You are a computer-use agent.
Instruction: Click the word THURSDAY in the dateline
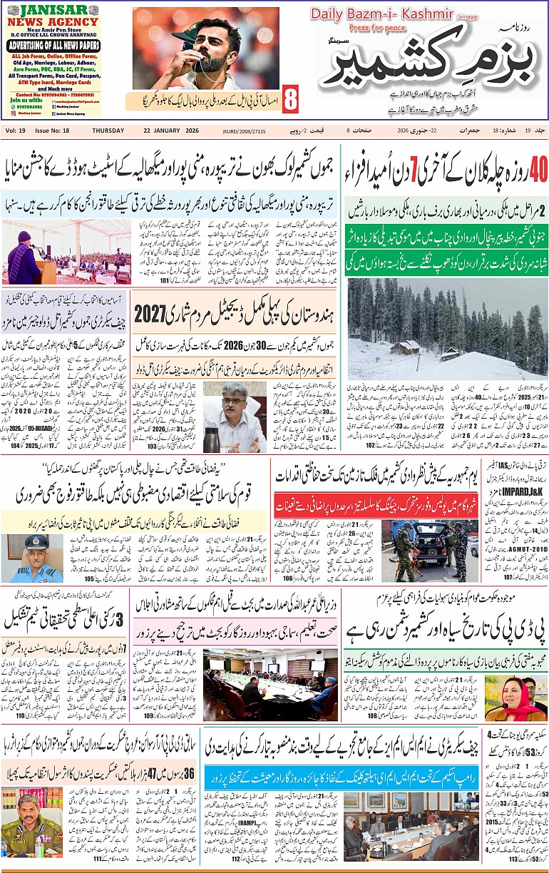tap(108, 131)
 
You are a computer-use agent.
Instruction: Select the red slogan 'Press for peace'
tap(377, 28)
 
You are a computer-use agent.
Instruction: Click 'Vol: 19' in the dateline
tap(16, 131)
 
